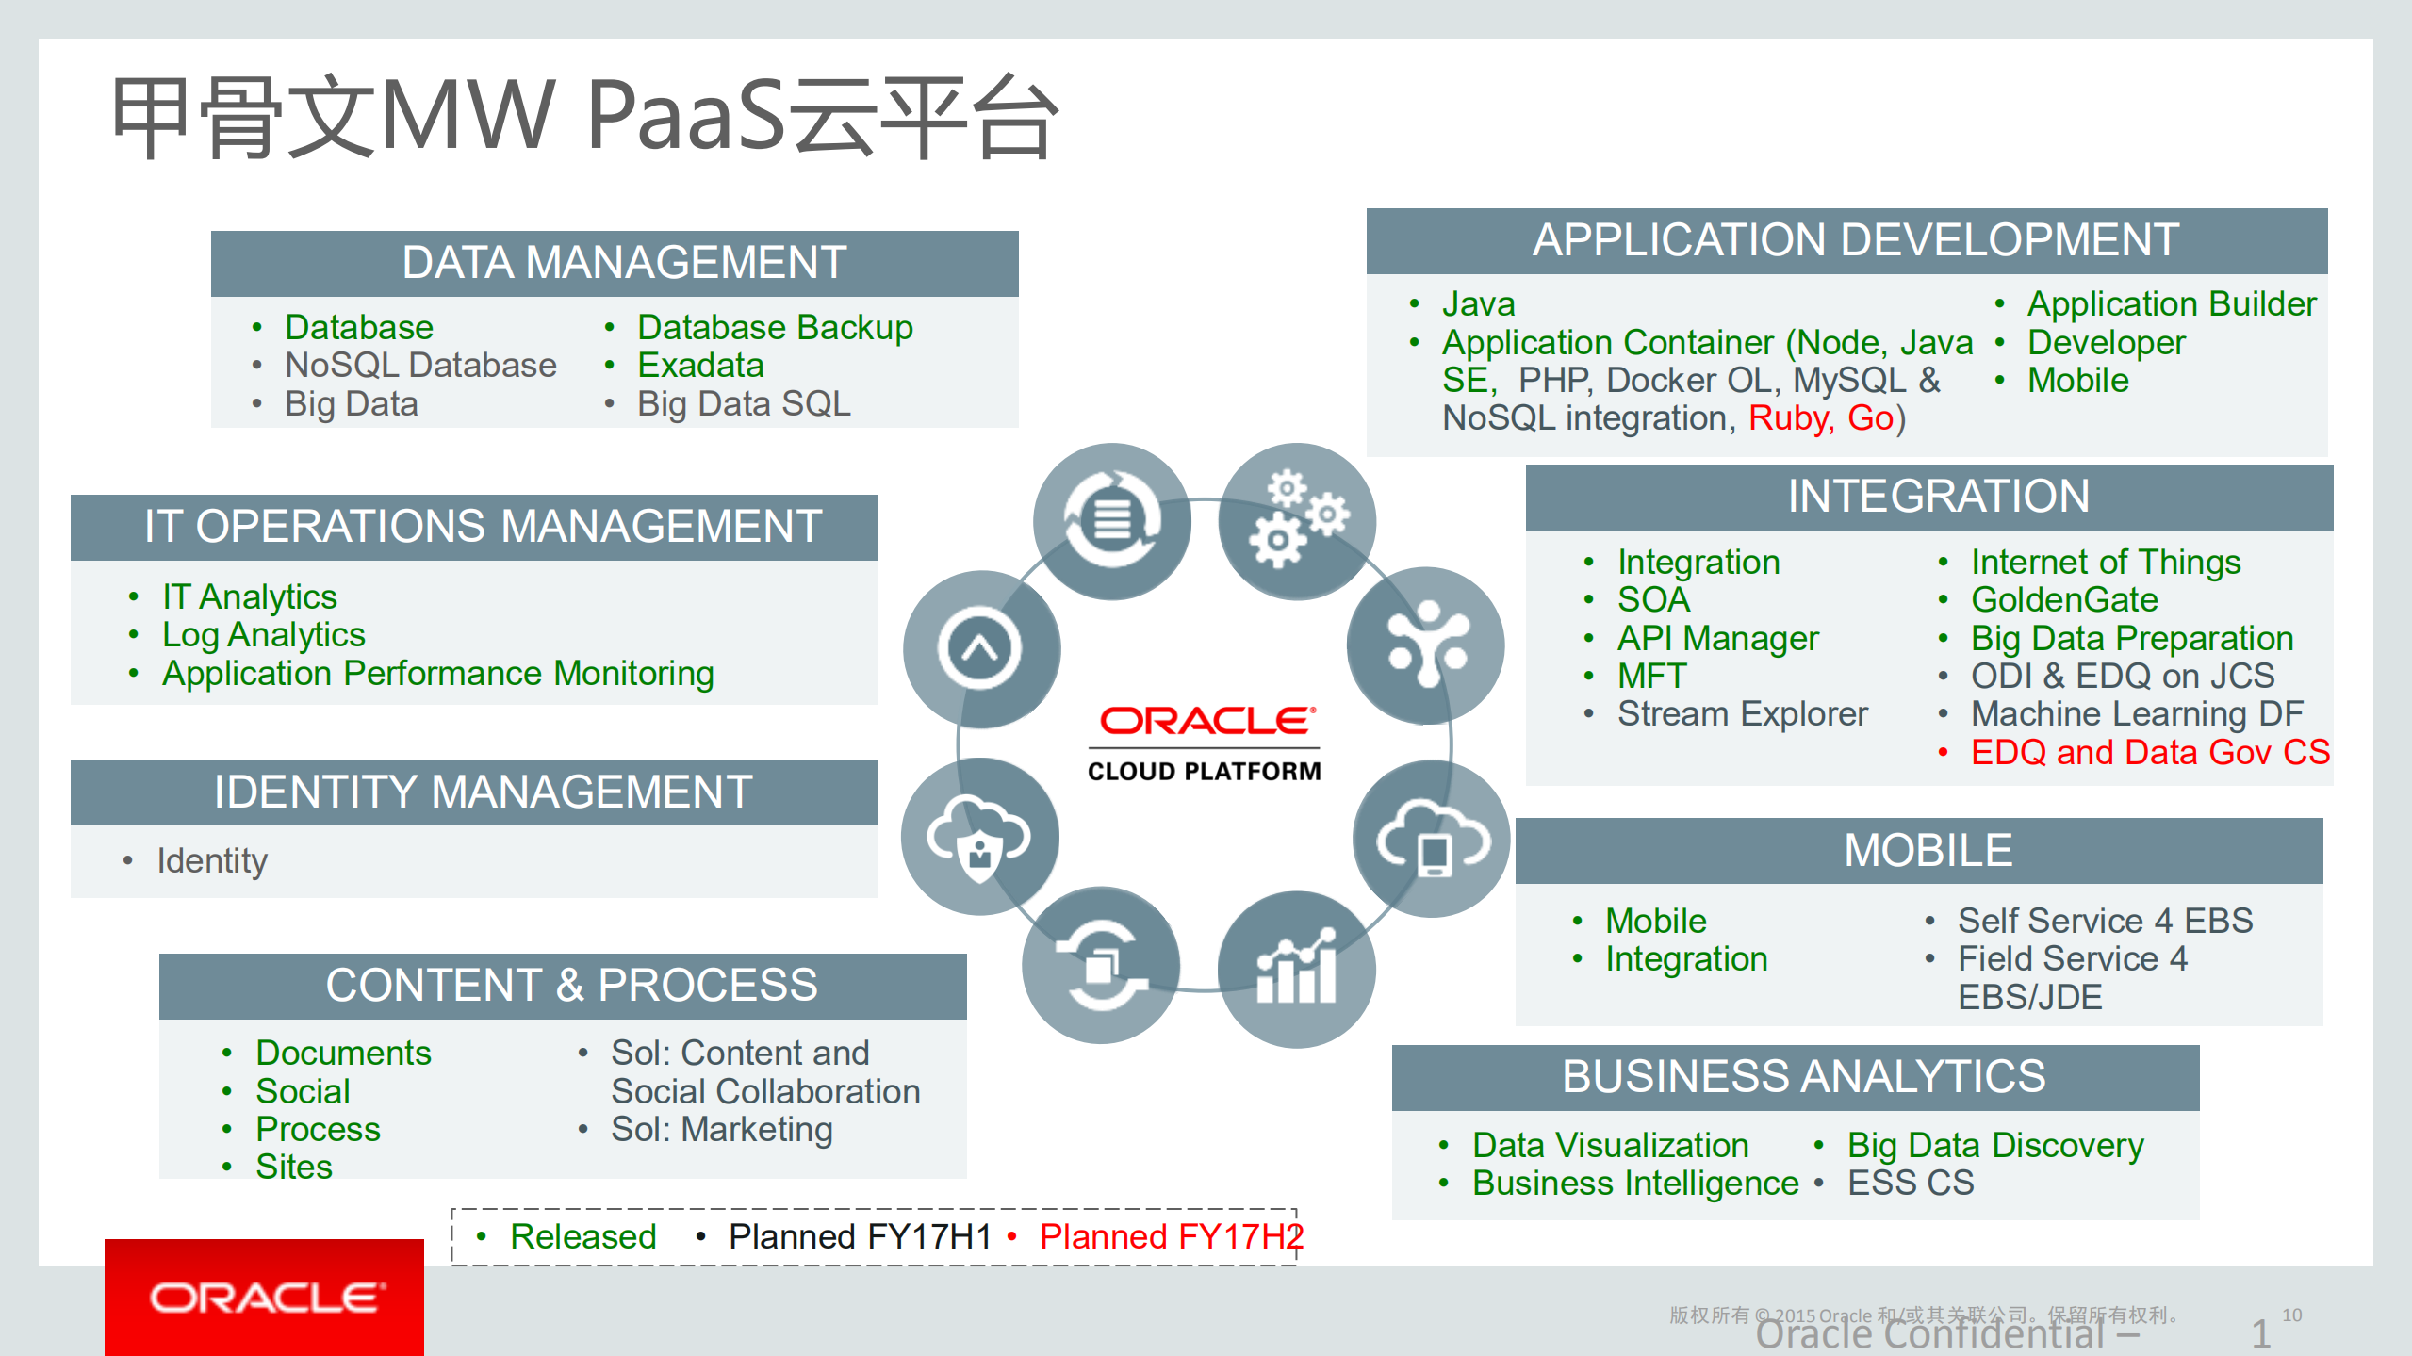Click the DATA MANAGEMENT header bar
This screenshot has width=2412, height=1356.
click(615, 263)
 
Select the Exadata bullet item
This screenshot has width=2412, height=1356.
click(699, 366)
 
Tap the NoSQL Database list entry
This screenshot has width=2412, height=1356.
click(420, 366)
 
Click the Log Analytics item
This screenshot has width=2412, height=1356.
click(263, 635)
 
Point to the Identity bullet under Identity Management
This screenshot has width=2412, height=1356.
click(212, 860)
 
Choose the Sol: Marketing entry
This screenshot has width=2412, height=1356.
click(721, 1129)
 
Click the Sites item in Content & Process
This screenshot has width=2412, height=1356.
click(294, 1167)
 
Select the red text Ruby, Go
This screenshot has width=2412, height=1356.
click(1820, 418)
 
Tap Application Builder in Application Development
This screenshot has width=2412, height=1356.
click(2171, 304)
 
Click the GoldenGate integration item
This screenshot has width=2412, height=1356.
click(2063, 600)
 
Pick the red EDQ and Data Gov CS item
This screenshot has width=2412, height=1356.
click(2149, 753)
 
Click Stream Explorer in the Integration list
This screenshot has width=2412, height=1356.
click(1742, 714)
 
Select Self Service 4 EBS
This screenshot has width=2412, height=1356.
click(2105, 921)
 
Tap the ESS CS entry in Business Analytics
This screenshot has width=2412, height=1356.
click(1910, 1183)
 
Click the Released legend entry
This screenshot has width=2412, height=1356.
click(582, 1236)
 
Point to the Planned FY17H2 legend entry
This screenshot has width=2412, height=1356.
click(1171, 1236)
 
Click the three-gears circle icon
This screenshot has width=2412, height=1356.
click(1297, 520)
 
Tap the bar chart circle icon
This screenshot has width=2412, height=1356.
click(1297, 969)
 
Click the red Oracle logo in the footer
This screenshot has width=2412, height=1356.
click(265, 1298)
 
